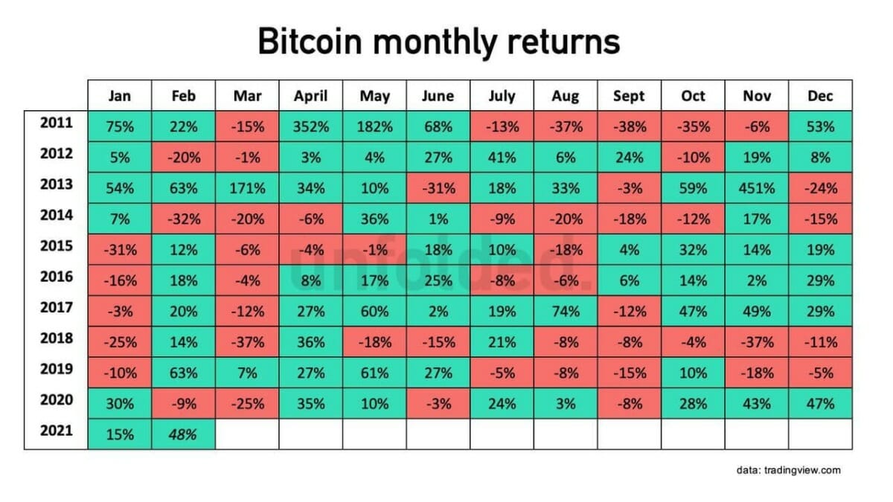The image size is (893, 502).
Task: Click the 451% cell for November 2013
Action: (x=757, y=188)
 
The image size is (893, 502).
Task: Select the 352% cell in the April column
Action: (x=311, y=126)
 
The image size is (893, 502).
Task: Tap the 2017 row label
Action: (x=56, y=307)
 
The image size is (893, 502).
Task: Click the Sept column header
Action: (x=629, y=96)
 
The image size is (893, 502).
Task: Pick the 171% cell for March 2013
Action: (x=247, y=188)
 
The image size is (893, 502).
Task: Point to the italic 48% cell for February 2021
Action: (x=183, y=434)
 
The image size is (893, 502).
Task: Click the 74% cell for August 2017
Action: (x=566, y=312)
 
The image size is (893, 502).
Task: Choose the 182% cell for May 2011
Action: (x=374, y=126)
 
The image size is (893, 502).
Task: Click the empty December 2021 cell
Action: (x=820, y=434)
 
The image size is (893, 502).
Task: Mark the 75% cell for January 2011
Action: (x=120, y=126)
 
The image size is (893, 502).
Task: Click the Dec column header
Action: (x=820, y=96)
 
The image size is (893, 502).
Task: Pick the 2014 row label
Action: (x=56, y=215)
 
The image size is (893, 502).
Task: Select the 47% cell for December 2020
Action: (x=820, y=404)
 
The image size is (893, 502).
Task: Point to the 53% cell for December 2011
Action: (x=820, y=126)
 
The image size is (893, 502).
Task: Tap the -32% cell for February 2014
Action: (x=183, y=219)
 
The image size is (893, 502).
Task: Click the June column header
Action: (x=438, y=96)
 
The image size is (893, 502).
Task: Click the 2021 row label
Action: (x=56, y=431)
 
